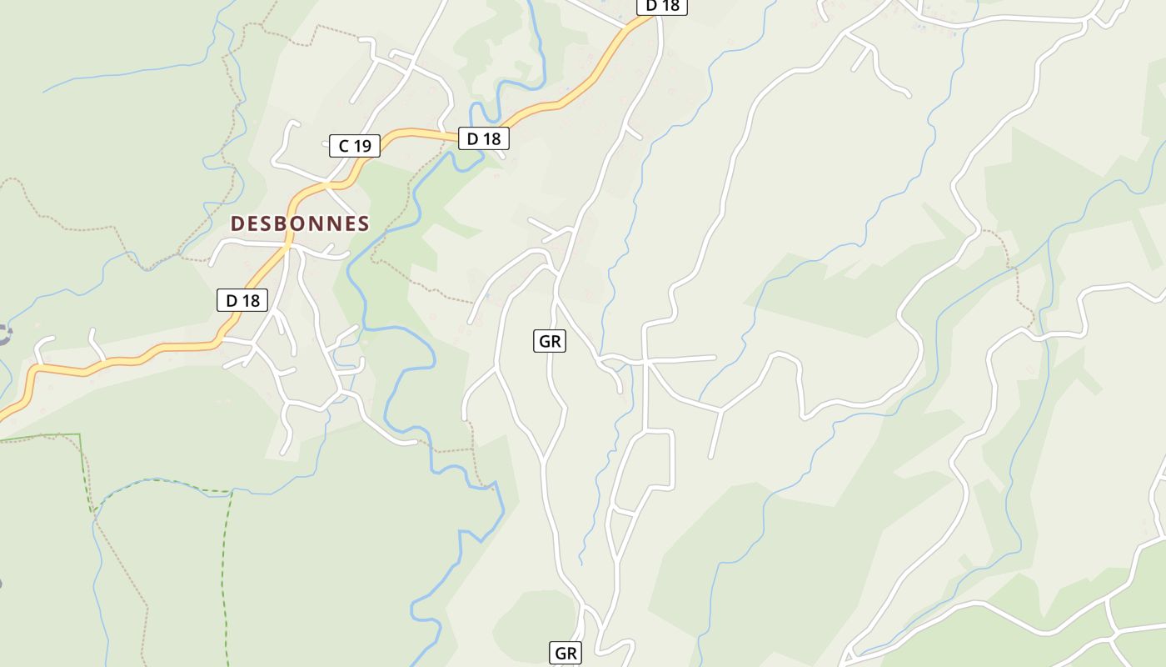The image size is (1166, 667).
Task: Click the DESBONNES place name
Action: point(300,223)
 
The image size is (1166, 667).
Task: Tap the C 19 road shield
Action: point(354,146)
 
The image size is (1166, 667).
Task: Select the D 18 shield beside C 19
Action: point(483,138)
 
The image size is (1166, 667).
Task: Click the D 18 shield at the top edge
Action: point(662,6)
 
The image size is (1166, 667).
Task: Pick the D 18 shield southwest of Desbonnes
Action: point(242,300)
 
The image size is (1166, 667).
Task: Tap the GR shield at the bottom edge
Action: point(565,654)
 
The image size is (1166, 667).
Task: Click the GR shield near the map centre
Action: point(549,340)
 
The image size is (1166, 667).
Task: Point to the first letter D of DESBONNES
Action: point(237,223)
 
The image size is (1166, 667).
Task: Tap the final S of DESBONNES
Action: point(362,223)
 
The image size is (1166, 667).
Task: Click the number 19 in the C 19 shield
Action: point(361,146)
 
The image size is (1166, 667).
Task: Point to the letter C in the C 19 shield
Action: point(343,146)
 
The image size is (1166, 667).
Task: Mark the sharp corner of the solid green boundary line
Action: point(80,434)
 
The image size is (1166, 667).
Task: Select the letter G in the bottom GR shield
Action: point(559,654)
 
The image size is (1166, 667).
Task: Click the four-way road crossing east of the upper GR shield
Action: point(645,362)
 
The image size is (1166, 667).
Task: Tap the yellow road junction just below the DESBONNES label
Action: point(288,247)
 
